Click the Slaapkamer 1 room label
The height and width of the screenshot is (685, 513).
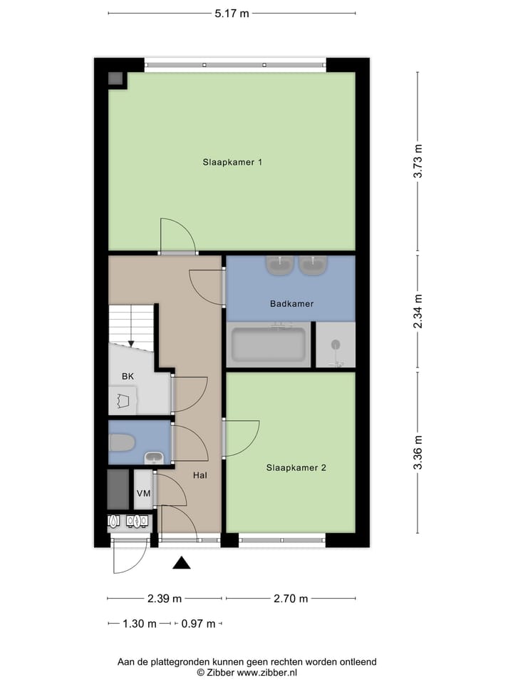[232, 162]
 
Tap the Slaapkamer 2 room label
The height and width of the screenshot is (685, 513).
[296, 468]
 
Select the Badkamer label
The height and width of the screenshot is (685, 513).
[291, 304]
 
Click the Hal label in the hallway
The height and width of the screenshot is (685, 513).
[200, 475]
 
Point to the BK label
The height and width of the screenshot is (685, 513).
[128, 376]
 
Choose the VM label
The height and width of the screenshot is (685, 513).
[143, 493]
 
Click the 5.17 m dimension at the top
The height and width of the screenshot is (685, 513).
[232, 13]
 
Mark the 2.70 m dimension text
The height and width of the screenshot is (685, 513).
[290, 599]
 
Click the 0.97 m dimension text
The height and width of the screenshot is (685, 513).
[198, 624]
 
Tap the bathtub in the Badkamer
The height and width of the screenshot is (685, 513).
[268, 345]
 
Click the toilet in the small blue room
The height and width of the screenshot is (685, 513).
[122, 443]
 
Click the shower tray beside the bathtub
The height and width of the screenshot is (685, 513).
[335, 345]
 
